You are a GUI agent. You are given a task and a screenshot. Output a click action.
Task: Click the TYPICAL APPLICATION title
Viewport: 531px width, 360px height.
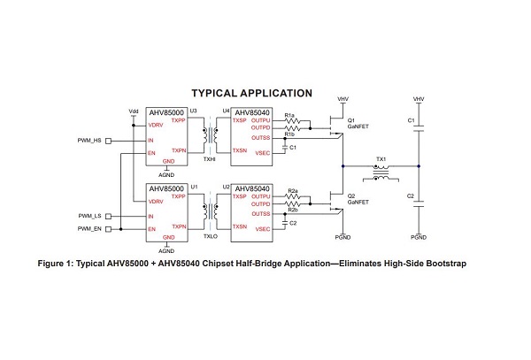[x=252, y=93]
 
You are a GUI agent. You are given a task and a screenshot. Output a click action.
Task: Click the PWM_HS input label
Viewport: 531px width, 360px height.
[x=90, y=141]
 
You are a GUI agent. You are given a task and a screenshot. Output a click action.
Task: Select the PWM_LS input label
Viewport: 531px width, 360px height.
[x=90, y=216]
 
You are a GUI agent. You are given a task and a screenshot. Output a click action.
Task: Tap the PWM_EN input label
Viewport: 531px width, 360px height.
[x=90, y=229]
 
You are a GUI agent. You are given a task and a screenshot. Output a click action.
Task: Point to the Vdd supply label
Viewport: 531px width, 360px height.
[x=134, y=111]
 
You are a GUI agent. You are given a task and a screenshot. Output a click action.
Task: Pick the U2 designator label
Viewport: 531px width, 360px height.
[x=227, y=188]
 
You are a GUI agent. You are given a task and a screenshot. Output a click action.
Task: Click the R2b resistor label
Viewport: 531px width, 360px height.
[x=293, y=210]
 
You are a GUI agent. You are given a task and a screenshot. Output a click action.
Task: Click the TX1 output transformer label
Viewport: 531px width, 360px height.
[x=381, y=157]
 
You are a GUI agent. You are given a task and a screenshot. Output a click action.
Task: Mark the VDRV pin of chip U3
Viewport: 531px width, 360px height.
[x=155, y=126]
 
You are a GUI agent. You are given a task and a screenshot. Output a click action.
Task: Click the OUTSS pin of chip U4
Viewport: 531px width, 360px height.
[x=260, y=137]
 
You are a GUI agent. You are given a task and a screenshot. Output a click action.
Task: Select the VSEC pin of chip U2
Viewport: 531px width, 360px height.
[x=263, y=227]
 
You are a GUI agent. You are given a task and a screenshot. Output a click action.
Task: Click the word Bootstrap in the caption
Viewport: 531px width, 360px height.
[x=442, y=264]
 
